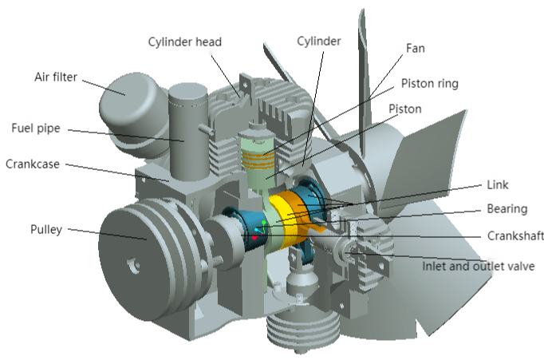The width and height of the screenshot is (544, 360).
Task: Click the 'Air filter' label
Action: [56, 77]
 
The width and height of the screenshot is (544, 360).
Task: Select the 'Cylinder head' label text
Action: [184, 42]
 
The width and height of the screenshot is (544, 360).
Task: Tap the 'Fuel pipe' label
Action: [36, 128]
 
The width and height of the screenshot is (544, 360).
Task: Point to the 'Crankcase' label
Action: [33, 164]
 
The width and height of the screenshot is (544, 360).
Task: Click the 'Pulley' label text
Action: [46, 229]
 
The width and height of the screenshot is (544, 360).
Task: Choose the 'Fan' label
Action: [416, 48]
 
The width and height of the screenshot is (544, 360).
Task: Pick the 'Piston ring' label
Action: [429, 84]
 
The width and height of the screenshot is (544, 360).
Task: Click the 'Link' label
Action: [498, 184]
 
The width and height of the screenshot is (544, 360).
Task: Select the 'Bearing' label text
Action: [507, 209]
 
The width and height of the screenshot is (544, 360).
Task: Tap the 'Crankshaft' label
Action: [515, 236]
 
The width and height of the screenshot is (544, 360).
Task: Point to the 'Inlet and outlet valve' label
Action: [478, 267]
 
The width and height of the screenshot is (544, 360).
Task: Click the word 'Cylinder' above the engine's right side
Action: [319, 42]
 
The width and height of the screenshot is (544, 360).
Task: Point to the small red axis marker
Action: [254, 238]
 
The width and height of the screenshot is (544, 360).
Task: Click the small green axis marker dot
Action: [264, 222]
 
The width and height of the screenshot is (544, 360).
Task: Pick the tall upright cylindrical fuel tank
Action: [189, 132]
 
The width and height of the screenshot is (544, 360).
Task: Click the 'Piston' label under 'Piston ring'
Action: [405, 109]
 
